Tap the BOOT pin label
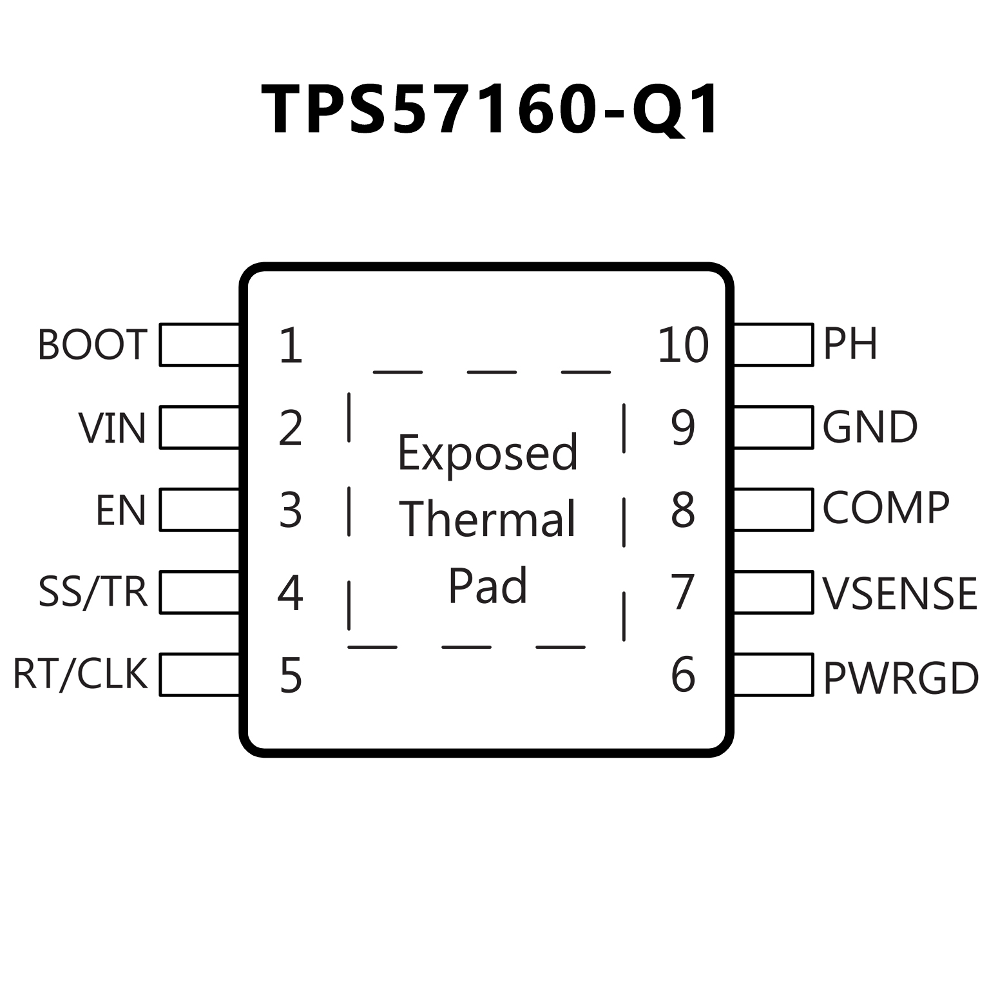point(93,345)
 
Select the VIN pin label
point(112,428)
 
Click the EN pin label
point(121,510)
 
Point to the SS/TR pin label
point(93,592)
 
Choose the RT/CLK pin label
point(81,674)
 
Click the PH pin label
point(850,344)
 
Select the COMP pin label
point(886,509)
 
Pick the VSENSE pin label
point(899,593)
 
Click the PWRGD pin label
point(901,678)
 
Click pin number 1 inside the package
point(291,346)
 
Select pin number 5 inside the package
point(291,675)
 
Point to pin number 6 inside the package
point(683,675)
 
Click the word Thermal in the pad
point(488,519)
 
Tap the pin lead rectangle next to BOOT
point(199,345)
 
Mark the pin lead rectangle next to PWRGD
point(773,675)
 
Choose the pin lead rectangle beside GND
point(773,427)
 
